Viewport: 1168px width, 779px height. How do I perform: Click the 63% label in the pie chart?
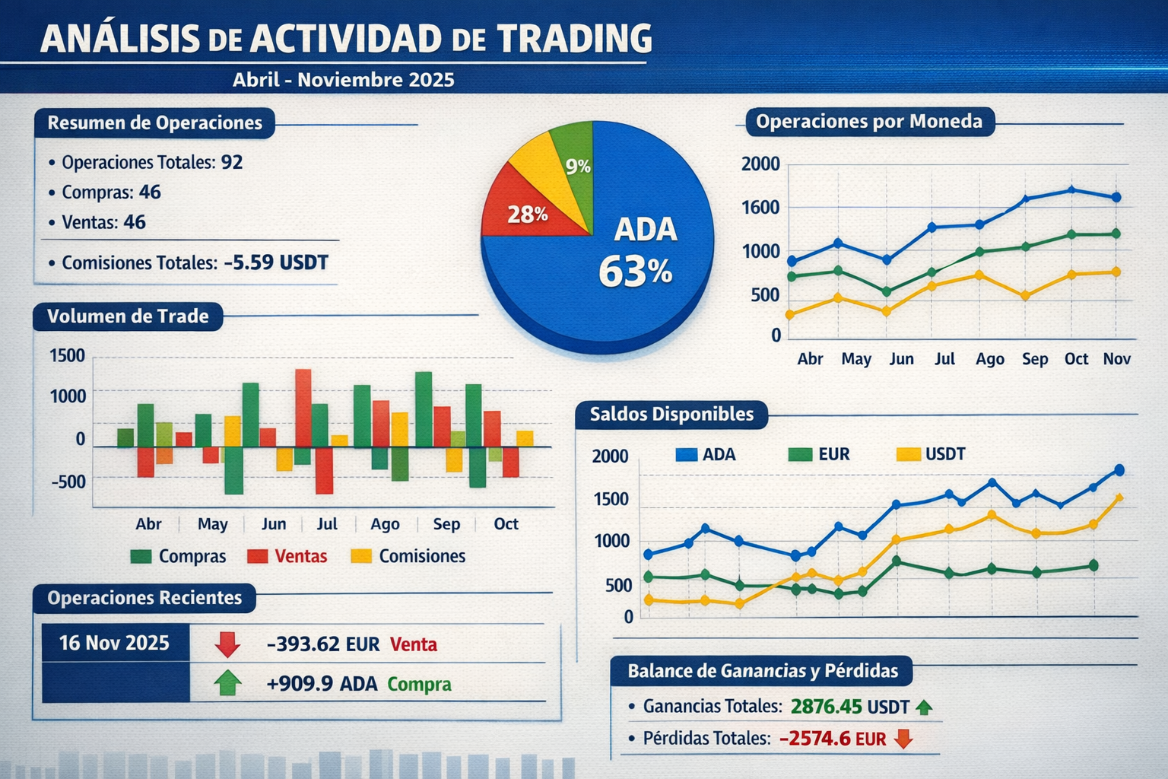635,272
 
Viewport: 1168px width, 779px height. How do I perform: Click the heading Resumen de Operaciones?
154,123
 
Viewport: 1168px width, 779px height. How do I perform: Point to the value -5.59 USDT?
276,263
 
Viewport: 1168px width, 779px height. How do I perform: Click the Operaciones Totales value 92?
232,162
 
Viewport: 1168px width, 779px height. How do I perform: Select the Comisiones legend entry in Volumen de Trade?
408,556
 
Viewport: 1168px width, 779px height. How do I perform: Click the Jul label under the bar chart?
327,524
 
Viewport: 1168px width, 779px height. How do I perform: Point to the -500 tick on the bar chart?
68,482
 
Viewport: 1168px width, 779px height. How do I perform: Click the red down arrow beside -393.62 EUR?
227,644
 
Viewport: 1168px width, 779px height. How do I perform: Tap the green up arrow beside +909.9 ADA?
227,683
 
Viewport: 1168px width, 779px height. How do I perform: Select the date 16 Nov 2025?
114,644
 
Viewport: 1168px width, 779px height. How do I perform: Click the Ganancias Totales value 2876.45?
826,707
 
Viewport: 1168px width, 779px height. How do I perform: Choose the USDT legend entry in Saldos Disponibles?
932,455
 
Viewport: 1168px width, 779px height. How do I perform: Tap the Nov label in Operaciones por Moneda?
1116,359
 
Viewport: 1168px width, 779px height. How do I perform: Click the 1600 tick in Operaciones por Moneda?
760,208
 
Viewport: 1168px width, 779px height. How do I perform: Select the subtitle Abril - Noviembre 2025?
344,80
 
